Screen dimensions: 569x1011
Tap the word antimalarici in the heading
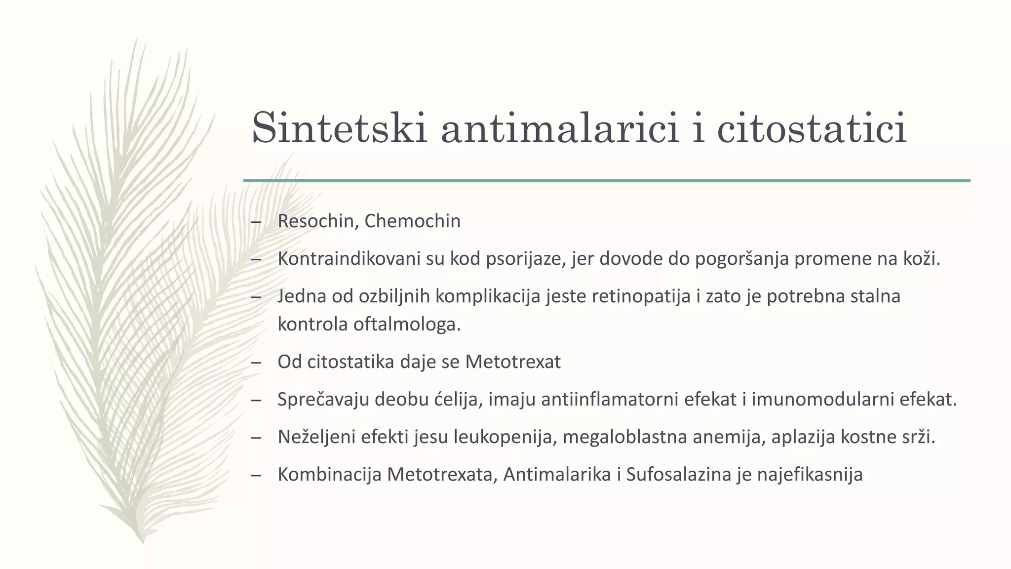[560, 128]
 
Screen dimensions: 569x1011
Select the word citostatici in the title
[812, 128]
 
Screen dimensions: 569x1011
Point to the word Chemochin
[412, 221]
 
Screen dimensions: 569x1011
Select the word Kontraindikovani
[349, 259]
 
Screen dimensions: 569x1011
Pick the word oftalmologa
[407, 325]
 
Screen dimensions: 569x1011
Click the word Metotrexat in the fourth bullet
[513, 362]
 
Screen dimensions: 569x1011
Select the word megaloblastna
[624, 437]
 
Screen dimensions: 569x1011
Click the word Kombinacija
[330, 475]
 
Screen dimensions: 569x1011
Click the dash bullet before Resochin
[256, 222]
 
